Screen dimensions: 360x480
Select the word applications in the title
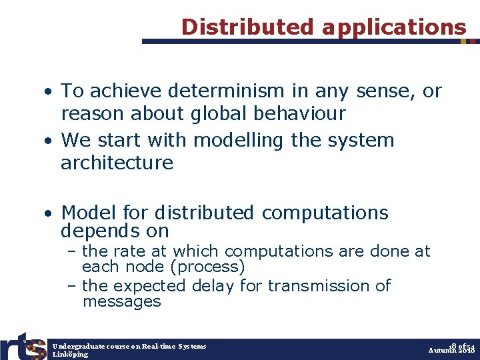tap(394, 27)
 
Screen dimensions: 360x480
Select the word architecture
tap(117, 163)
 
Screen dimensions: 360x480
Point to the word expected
tap(151, 285)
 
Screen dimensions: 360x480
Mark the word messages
tap(121, 301)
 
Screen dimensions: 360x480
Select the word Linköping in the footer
tap(70, 355)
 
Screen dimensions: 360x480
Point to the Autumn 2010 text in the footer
tap(451, 350)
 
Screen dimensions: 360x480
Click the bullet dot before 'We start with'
tap(49, 141)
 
